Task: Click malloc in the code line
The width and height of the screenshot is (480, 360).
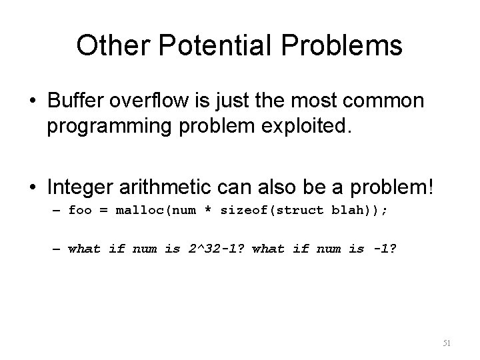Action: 139,211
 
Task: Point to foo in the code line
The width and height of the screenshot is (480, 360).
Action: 80,211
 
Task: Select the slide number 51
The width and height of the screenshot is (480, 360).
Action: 447,343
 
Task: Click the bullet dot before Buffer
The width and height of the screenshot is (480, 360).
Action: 33,102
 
